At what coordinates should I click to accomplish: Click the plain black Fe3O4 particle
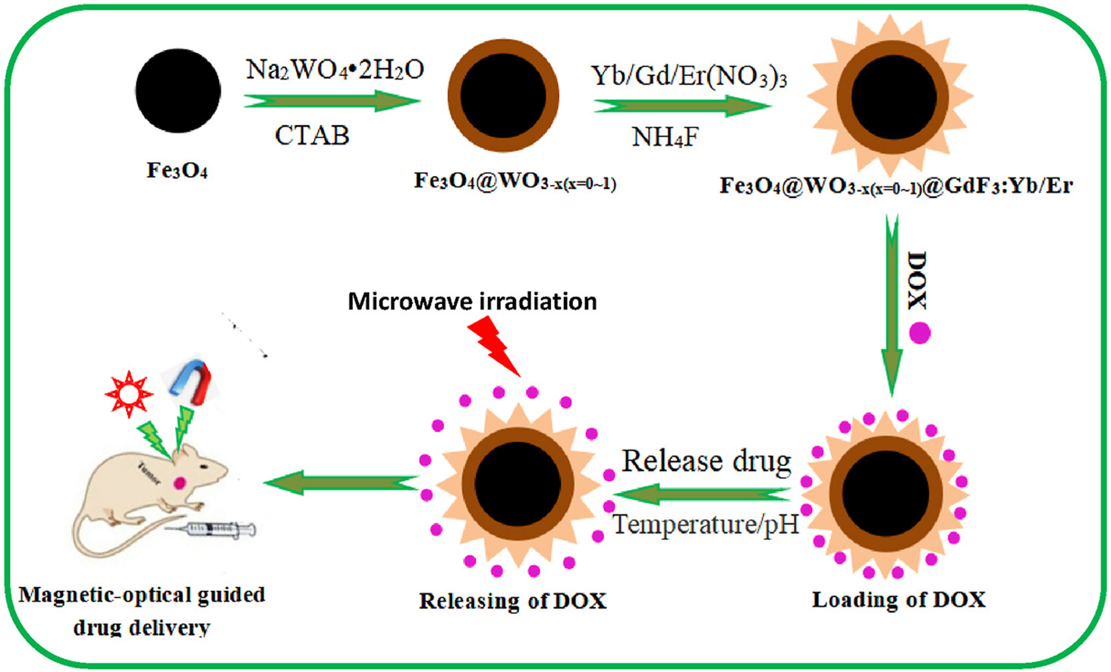coord(178,91)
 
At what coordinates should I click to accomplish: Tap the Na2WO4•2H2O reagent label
coord(335,70)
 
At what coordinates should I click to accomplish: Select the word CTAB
coord(312,136)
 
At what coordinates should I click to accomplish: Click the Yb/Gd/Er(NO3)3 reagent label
coord(688,77)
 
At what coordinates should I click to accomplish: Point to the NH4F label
coord(665,137)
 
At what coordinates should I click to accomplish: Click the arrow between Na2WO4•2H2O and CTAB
coord(332,101)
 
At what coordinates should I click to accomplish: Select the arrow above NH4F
coord(681,106)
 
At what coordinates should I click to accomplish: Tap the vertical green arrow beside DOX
coord(892,303)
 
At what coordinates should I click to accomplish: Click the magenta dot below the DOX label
coord(920,333)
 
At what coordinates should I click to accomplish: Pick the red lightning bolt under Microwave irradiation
coord(493,345)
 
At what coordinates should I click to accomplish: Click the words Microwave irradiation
coord(472,302)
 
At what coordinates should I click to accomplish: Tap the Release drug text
coord(706,461)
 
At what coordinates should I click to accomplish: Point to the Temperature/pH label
coord(705,524)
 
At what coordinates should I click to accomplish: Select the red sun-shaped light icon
coord(129,394)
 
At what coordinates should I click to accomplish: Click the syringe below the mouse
coord(220,529)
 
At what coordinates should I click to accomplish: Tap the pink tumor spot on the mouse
coord(181,482)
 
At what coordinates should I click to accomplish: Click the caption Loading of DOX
coord(899,600)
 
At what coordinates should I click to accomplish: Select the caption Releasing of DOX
coord(512,601)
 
